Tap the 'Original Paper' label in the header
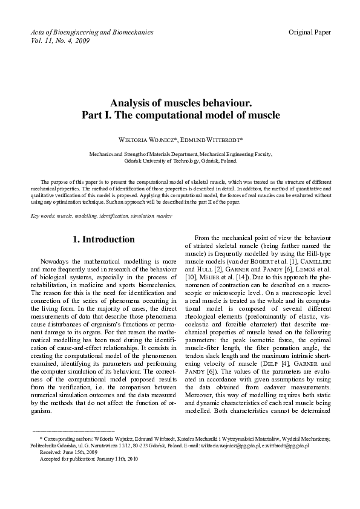tap(310, 31)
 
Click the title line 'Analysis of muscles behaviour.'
tap(180, 103)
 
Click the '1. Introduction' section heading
tap(103, 240)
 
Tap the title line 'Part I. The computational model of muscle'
tap(180, 115)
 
